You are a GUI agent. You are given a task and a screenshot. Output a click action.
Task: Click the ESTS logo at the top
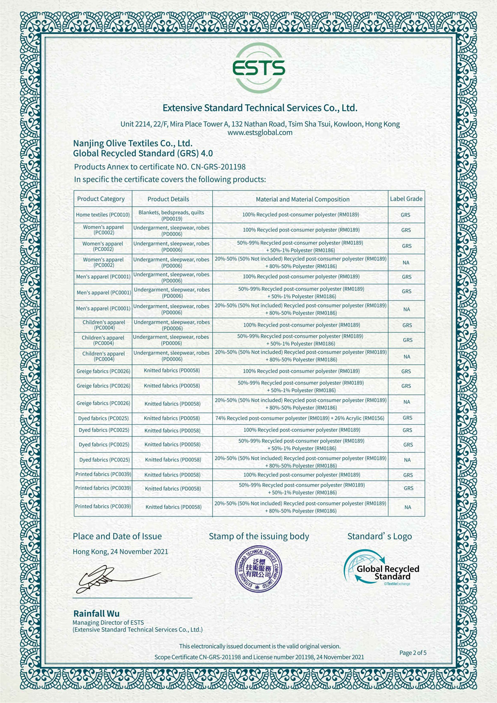click(259, 68)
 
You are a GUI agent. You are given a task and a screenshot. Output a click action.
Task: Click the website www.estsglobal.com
click(260, 133)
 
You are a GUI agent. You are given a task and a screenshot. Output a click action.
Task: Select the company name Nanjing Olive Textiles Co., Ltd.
click(133, 143)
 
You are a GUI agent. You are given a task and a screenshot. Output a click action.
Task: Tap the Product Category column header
click(101, 199)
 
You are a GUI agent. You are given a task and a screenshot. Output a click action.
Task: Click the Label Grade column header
click(406, 199)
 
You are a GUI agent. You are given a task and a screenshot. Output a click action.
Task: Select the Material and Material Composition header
click(302, 199)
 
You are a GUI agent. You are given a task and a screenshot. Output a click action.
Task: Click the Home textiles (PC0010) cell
click(103, 215)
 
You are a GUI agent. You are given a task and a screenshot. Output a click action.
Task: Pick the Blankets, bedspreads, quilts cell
click(171, 215)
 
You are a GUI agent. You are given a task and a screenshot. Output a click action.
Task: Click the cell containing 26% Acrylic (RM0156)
click(300, 418)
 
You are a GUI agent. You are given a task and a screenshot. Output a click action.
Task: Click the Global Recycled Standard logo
click(382, 568)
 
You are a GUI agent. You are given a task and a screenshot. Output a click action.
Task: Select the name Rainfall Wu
click(97, 614)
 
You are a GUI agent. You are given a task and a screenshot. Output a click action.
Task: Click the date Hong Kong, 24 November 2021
click(121, 551)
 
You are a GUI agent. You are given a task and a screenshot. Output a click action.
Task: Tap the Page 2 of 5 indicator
click(413, 653)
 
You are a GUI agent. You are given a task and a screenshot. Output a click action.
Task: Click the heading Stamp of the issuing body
click(259, 536)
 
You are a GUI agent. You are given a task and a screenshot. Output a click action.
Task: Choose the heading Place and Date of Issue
click(117, 536)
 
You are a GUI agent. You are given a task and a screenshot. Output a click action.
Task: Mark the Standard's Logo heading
click(379, 536)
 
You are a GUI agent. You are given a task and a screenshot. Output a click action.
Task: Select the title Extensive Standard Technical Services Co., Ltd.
click(260, 108)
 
